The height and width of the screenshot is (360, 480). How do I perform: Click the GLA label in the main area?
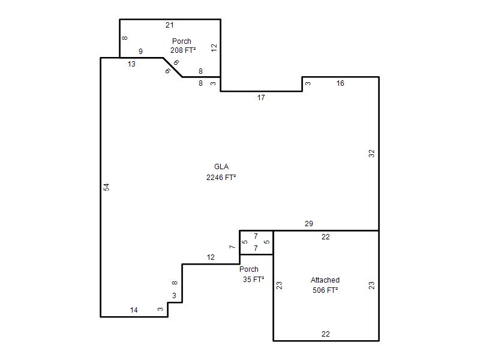point(221,167)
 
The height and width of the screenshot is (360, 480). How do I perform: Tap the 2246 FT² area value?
point(221,178)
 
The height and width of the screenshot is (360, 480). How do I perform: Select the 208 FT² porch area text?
point(183,50)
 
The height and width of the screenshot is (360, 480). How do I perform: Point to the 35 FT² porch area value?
point(253,280)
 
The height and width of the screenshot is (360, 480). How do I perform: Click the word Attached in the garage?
point(325,280)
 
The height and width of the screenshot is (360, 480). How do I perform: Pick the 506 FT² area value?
point(325,290)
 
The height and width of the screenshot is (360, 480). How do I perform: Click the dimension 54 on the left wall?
point(106,187)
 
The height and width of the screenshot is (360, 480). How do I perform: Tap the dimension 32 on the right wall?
point(371,154)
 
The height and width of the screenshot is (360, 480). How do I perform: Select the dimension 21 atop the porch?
point(170,25)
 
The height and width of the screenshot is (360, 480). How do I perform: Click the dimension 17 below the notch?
point(261,98)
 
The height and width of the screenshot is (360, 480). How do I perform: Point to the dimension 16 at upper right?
point(340,83)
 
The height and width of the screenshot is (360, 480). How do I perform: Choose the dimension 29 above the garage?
point(309,224)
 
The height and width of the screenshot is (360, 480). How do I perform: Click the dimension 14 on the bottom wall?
point(134,310)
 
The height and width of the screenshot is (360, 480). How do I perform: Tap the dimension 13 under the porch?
point(131,64)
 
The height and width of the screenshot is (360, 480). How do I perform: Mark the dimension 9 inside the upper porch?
point(140,52)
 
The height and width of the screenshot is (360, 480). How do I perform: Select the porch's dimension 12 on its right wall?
point(214,47)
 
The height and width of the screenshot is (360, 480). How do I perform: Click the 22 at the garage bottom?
point(326,334)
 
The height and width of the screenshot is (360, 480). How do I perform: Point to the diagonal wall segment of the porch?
point(173,67)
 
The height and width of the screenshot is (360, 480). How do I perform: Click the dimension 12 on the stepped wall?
point(211,257)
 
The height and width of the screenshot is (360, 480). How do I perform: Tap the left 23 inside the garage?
point(279,286)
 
